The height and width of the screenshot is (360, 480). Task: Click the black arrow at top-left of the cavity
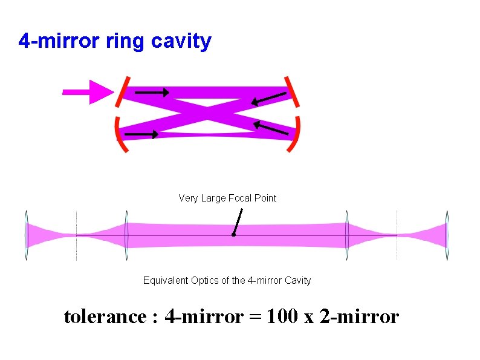[x=152, y=93]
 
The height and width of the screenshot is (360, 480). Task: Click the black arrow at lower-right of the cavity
[x=270, y=128]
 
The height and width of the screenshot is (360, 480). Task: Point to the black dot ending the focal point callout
[x=233, y=235]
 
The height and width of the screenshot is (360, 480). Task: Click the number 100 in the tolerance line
[x=294, y=316]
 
